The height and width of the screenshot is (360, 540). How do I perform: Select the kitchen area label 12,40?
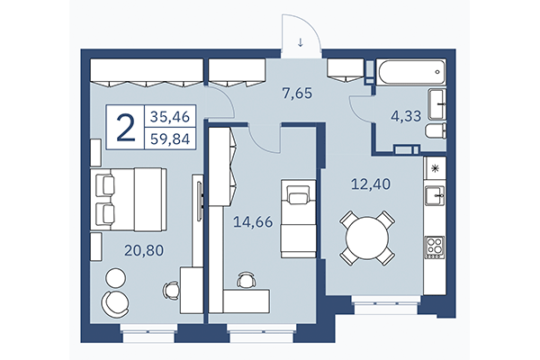coord(369,186)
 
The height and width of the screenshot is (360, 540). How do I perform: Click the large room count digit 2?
coord(126,128)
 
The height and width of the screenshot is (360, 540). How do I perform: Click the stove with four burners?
coord(435,245)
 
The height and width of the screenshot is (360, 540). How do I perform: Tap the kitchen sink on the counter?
coord(434,193)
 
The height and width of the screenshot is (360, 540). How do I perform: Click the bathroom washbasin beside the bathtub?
coord(436,103)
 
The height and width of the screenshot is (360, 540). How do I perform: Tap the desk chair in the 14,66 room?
coord(245,281)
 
